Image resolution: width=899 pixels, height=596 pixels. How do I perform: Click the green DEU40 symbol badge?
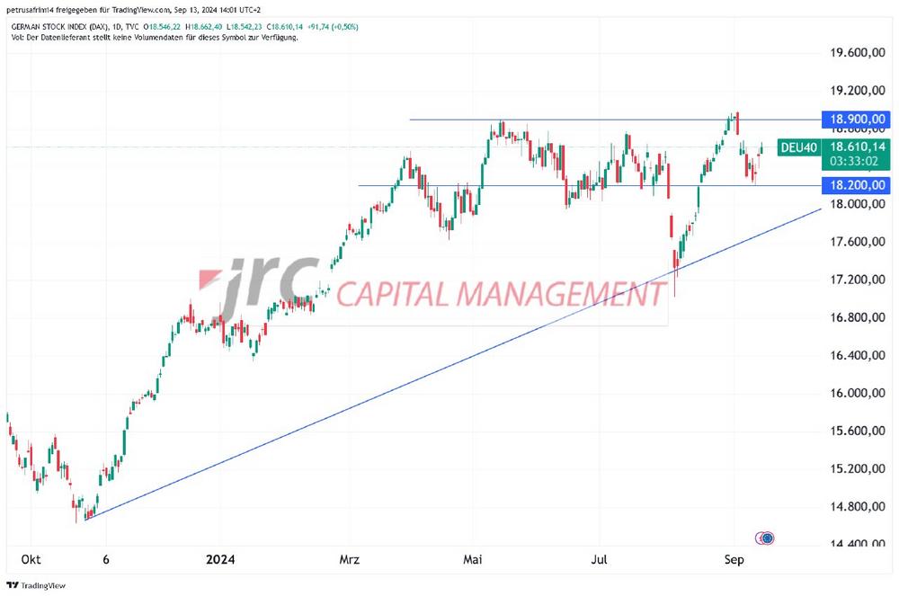[798, 147]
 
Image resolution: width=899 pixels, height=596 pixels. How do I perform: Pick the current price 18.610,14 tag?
[857, 147]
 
